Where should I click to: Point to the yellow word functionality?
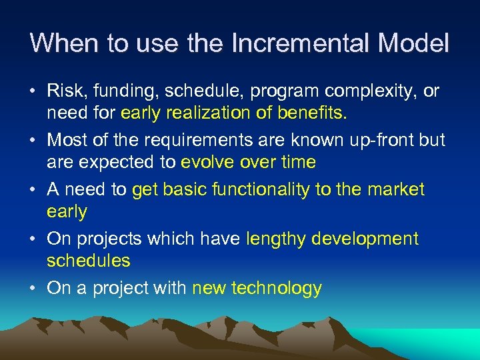[260, 190]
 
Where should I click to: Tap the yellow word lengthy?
[273, 239]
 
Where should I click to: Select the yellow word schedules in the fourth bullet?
[88, 261]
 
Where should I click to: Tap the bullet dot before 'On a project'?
[34, 289]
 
